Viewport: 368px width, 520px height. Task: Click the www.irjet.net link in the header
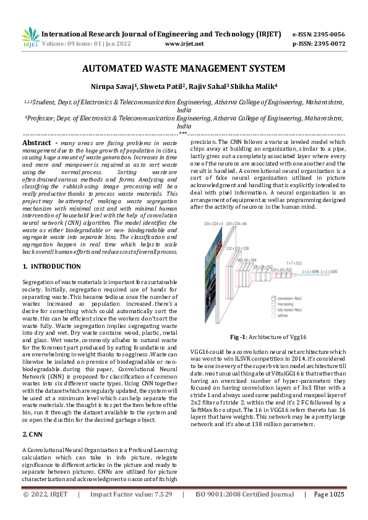point(185,44)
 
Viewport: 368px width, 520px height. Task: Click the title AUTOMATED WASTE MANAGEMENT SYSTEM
point(184,68)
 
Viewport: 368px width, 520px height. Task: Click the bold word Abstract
point(36,143)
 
